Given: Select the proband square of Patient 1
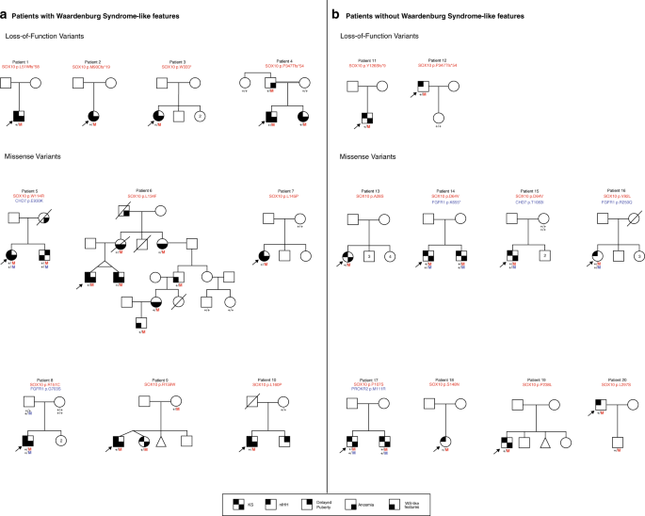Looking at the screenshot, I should [19, 116].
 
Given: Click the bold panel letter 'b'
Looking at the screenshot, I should [334, 12].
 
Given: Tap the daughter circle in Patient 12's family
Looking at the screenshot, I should [438, 119].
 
